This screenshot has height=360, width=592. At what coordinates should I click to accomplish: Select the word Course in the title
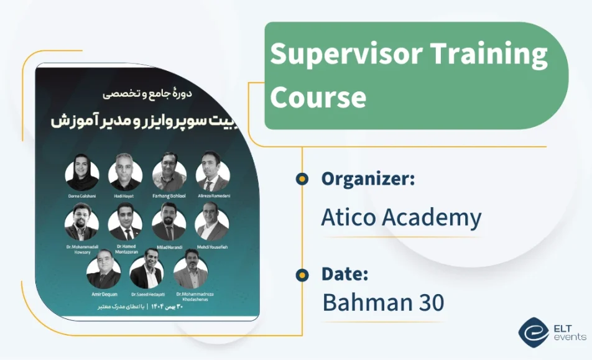pyautogui.click(x=318, y=98)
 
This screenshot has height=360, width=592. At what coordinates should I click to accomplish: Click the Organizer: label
pyautogui.click(x=368, y=179)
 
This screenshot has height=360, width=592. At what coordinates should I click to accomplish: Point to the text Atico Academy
pyautogui.click(x=401, y=218)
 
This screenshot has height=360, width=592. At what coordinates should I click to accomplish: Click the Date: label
pyautogui.click(x=345, y=274)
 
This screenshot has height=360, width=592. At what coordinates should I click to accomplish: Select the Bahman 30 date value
pyautogui.click(x=383, y=303)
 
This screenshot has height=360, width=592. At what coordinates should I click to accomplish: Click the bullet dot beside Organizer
pyautogui.click(x=302, y=179)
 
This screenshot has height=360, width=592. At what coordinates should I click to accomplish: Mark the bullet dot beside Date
pyautogui.click(x=302, y=274)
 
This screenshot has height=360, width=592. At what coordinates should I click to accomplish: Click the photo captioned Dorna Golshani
pyautogui.click(x=82, y=173)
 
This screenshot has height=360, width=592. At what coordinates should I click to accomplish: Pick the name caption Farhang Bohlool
pyautogui.click(x=169, y=196)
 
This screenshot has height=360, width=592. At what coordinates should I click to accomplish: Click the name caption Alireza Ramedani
pyautogui.click(x=213, y=196)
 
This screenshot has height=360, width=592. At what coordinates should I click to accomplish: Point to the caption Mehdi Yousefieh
pyautogui.click(x=213, y=247)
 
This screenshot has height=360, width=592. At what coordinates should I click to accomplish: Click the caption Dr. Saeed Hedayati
pyautogui.click(x=147, y=294)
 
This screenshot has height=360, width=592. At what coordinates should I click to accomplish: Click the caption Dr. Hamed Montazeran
pyautogui.click(x=126, y=249)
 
